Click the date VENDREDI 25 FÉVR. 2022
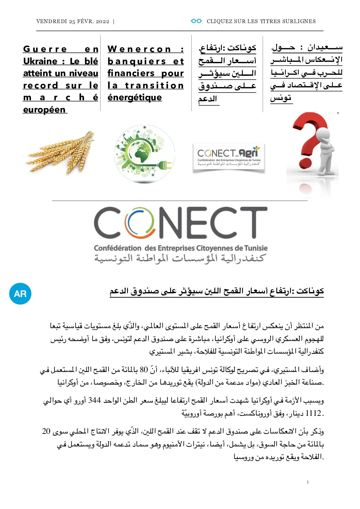coord(73,21)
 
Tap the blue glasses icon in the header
coord(196,21)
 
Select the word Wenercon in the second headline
coord(140,49)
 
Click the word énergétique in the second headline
coord(135,98)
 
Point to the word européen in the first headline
coord(44,110)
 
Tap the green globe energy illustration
coord(144,154)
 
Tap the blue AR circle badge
coord(20,293)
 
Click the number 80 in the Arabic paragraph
coord(144,370)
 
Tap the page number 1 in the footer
coord(308,482)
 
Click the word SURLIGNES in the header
coord(298,21)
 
